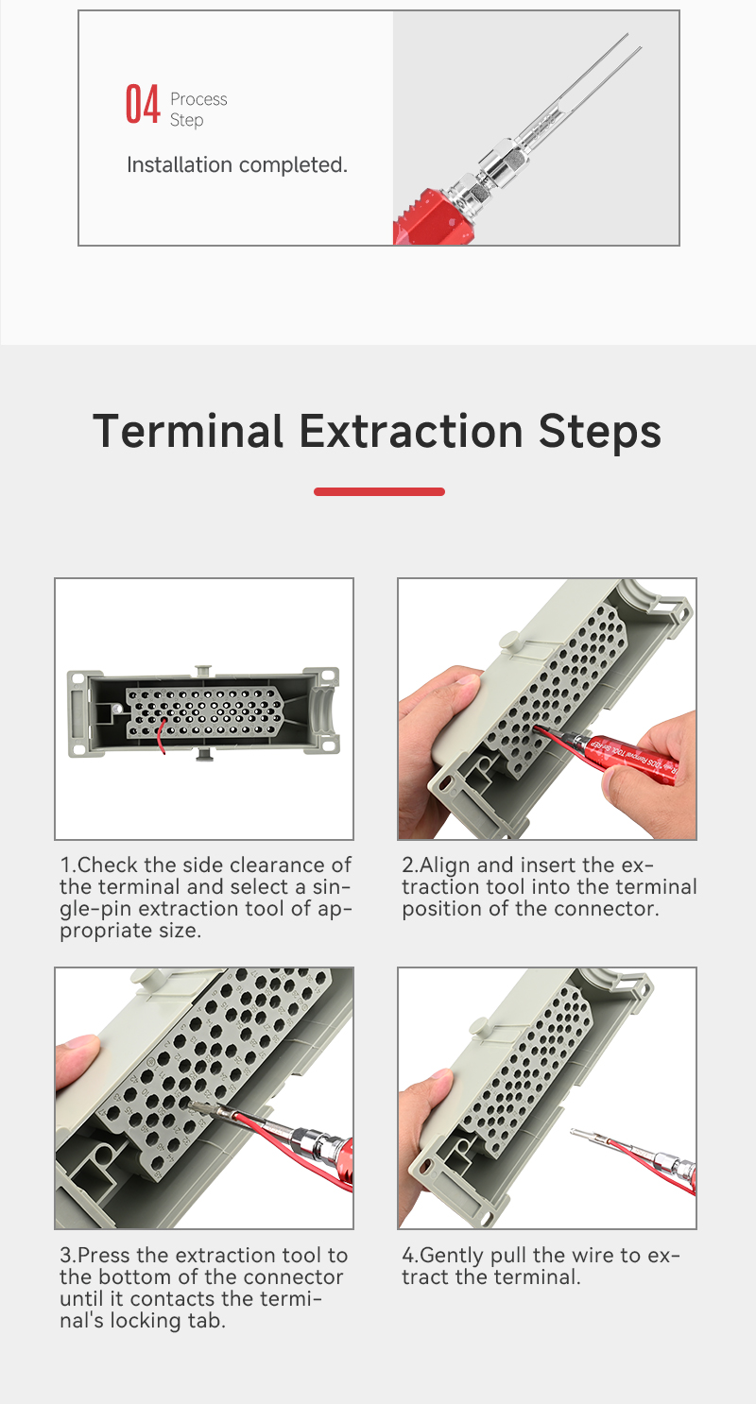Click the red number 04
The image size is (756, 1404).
click(143, 104)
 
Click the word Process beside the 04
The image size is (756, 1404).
click(198, 99)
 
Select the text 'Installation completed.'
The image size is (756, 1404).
click(237, 164)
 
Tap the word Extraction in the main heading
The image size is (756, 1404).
click(410, 431)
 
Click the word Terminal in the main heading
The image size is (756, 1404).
click(188, 431)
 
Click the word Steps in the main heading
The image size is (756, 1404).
click(600, 433)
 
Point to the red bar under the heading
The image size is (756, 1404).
click(379, 492)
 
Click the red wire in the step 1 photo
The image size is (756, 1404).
click(163, 736)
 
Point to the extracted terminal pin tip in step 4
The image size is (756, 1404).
click(573, 1131)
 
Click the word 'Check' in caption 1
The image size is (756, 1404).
click(107, 865)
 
